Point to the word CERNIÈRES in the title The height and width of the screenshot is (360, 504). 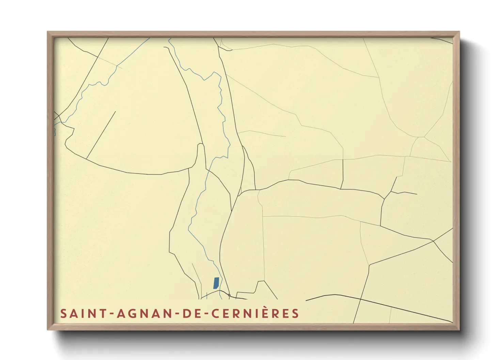click(255, 313)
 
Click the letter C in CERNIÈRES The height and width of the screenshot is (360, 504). click(215, 313)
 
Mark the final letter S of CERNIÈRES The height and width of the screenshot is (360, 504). click(295, 313)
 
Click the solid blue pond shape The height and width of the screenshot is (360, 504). click(216, 283)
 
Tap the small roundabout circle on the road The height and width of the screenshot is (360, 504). click(230, 295)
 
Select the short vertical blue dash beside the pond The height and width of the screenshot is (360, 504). click(207, 295)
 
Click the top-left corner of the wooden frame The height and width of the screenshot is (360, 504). click(48, 32)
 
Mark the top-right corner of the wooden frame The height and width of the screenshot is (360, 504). click(459, 32)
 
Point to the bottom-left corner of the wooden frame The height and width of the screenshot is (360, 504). click(48, 329)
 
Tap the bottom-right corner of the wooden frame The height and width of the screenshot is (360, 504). click(459, 329)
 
